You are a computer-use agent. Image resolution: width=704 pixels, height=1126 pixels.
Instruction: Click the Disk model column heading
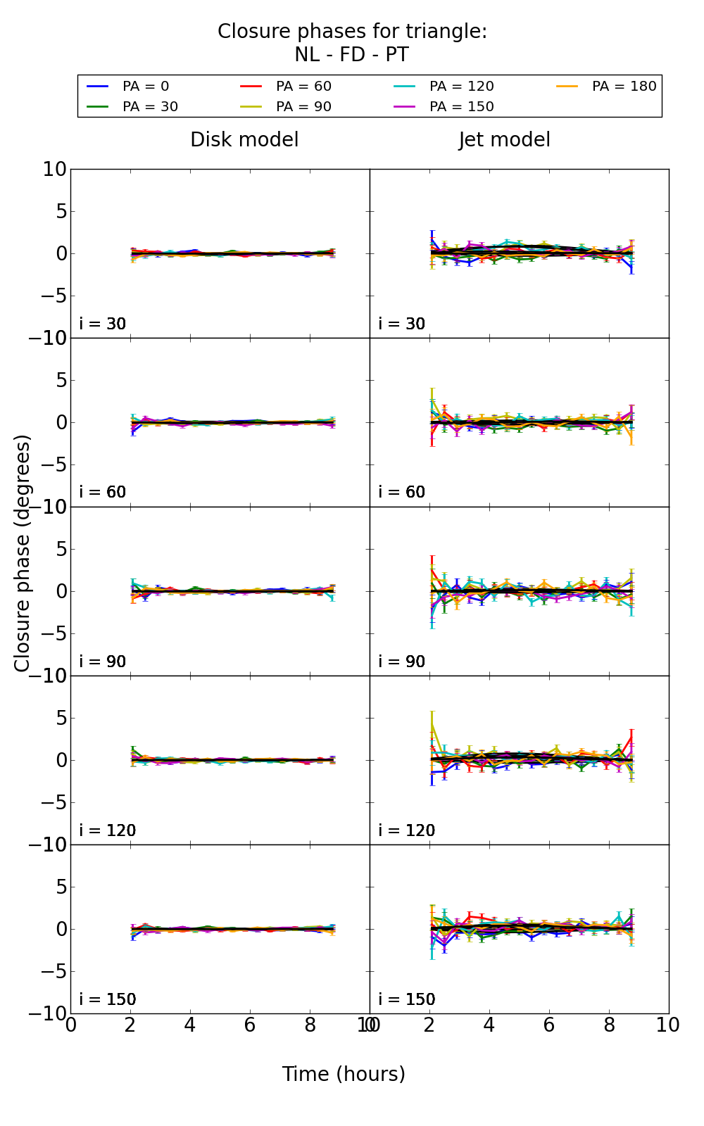[244, 140]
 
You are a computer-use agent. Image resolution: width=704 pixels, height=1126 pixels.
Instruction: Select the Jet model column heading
[505, 140]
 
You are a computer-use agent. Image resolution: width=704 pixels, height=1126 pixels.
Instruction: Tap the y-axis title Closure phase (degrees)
[23, 553]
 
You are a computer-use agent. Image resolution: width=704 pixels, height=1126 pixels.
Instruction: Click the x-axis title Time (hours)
[344, 1075]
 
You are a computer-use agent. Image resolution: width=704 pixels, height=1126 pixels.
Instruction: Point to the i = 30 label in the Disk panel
[103, 324]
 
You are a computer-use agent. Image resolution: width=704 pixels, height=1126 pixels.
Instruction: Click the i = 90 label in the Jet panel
[402, 662]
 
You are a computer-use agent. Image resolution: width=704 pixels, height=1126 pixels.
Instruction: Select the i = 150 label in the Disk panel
[108, 999]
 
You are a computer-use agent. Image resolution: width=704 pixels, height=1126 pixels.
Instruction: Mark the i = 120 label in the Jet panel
[407, 830]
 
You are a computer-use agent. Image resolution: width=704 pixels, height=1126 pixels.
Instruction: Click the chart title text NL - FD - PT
[352, 55]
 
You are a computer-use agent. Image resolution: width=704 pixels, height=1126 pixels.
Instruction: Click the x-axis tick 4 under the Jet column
[489, 1025]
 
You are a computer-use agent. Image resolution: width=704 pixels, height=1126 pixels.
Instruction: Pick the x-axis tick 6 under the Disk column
[250, 1025]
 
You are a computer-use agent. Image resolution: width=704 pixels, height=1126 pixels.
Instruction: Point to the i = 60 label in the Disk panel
[103, 492]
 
